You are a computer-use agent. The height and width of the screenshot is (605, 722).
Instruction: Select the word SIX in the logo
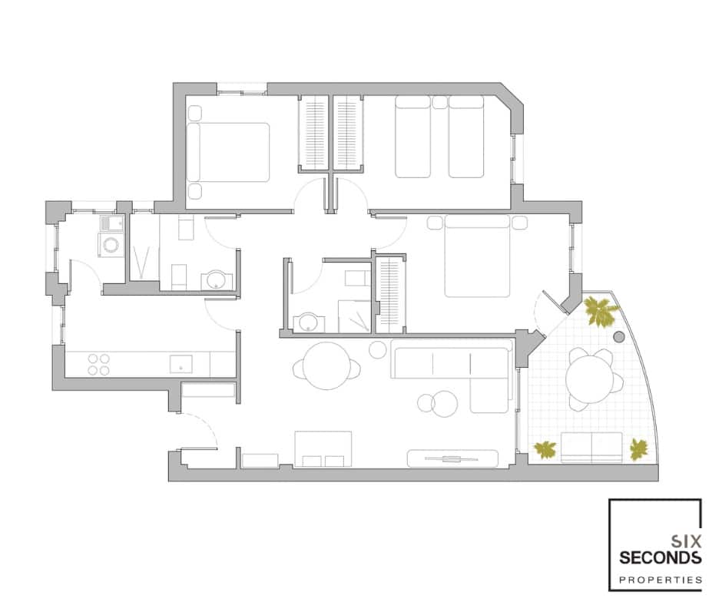coord(686,539)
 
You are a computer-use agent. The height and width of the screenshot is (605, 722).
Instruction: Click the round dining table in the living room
coord(327,366)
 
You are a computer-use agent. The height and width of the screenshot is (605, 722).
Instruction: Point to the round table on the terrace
coord(589,376)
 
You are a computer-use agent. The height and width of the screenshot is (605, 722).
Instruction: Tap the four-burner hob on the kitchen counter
coord(98,364)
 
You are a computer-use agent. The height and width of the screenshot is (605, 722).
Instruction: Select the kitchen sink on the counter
coord(180,363)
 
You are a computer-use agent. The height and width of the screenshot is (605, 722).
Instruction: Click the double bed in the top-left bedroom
coord(229,151)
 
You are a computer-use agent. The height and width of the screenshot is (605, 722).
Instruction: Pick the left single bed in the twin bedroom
coord(413,137)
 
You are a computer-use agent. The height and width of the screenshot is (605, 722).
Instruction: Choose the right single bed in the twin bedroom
coord(466,137)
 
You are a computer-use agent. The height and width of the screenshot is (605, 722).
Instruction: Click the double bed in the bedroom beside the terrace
coord(478,256)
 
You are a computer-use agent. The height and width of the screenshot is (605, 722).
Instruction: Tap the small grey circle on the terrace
coord(619,336)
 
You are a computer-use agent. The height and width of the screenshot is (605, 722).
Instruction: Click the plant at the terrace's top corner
coord(601,311)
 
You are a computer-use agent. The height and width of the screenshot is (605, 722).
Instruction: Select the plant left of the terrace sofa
coord(546,450)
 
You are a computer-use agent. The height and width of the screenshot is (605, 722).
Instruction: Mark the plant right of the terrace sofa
coord(638,449)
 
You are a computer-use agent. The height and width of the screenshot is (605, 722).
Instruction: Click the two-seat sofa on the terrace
coord(591,447)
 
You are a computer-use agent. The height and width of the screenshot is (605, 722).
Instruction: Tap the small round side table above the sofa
coord(377,350)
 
